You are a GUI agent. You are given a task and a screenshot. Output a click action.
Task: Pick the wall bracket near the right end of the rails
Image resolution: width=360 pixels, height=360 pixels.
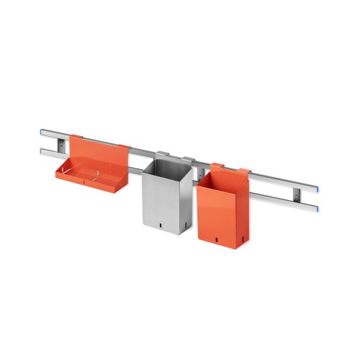point(297,194)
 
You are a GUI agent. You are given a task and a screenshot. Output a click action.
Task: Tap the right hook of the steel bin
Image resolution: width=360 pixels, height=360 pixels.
point(188,159)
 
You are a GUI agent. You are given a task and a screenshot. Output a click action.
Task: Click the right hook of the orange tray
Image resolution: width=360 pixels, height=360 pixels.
point(123,148)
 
